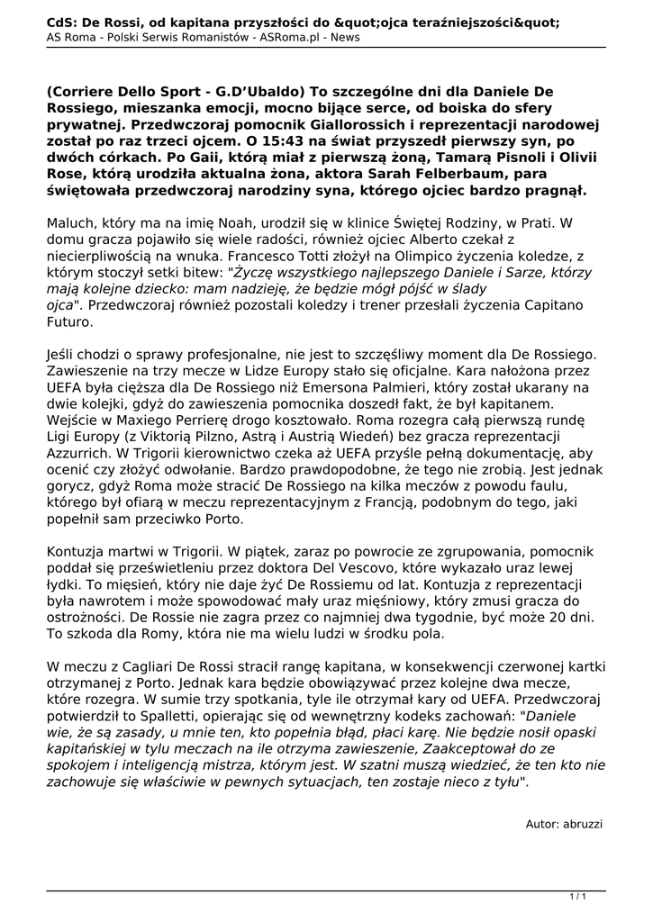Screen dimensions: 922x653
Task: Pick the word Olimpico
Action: coord(429,256)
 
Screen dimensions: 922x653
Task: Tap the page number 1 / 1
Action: coord(578,896)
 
